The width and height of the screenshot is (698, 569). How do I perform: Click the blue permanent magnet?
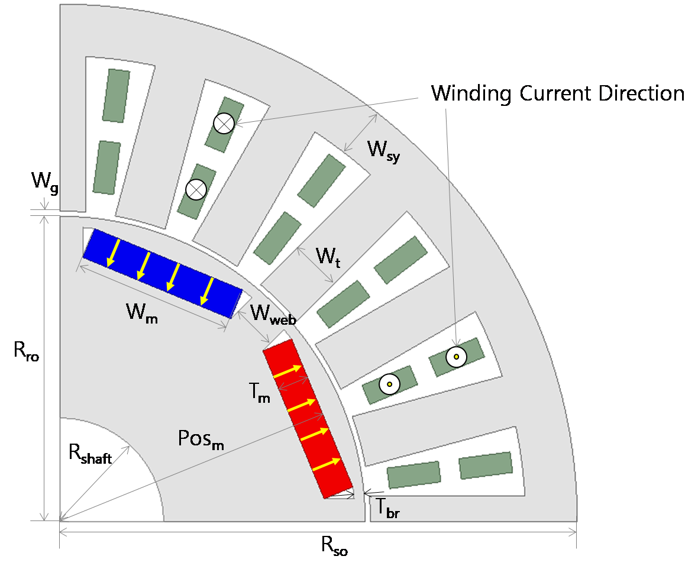pos(163,273)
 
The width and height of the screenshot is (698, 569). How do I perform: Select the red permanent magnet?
pos(308,419)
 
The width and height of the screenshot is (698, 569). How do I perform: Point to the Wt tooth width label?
pos(328,257)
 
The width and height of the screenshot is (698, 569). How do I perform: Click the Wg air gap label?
pos(44,183)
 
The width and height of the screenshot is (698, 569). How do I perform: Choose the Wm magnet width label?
pos(142,312)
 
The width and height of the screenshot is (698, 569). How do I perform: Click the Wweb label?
pos(273,313)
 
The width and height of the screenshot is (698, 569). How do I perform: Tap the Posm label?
pos(201,439)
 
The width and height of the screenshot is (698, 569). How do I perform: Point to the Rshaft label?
pos(90,454)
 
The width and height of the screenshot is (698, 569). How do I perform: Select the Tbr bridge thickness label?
pos(387,508)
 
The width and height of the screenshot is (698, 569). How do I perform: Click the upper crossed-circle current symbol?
pos(224,124)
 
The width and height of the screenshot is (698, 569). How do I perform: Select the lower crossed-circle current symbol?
pos(196,190)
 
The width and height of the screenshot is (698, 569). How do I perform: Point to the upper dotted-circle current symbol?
pos(456,357)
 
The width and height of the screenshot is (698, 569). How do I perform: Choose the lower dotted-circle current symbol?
pos(389,384)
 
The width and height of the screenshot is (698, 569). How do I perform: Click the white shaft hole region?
pos(102,481)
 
